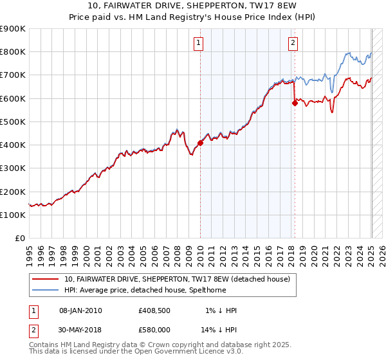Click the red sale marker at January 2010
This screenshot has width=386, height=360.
point(200,143)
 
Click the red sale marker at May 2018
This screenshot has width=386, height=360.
point(295,102)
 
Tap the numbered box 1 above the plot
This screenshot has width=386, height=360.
point(198,44)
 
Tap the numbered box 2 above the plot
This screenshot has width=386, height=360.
point(293,44)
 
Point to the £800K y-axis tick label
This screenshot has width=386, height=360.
point(12,52)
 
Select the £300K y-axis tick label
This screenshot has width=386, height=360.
point(12,168)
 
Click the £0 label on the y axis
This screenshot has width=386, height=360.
point(19,239)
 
